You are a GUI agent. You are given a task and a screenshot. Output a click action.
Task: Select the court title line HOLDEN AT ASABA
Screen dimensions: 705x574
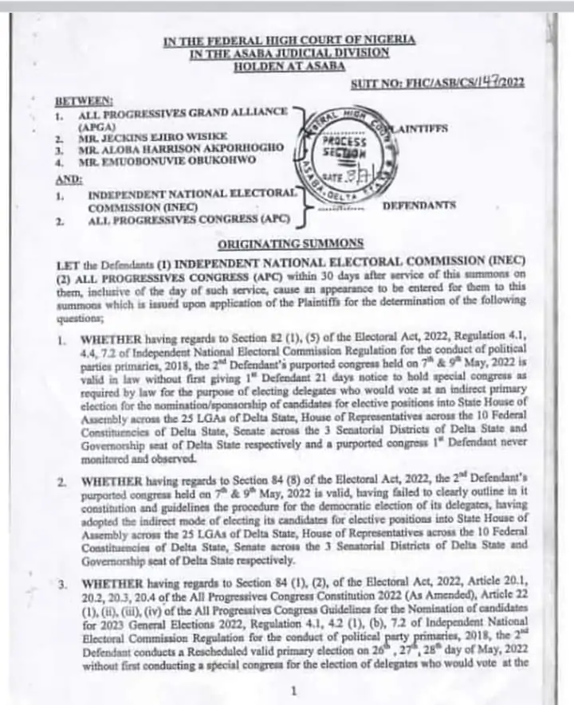click(x=289, y=66)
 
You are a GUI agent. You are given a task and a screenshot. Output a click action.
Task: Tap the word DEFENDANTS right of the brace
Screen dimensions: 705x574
click(x=419, y=206)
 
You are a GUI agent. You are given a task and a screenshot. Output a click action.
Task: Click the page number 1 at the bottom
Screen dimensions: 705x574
click(x=294, y=691)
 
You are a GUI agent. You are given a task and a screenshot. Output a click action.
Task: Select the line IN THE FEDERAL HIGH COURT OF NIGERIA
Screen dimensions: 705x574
click(x=289, y=41)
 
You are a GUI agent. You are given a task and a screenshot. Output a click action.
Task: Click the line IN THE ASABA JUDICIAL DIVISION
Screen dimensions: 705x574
click(x=289, y=53)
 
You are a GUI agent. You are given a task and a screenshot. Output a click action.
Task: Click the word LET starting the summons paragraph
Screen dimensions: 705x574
click(x=69, y=264)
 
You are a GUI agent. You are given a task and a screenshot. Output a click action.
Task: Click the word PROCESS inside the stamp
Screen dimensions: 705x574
click(x=345, y=141)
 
